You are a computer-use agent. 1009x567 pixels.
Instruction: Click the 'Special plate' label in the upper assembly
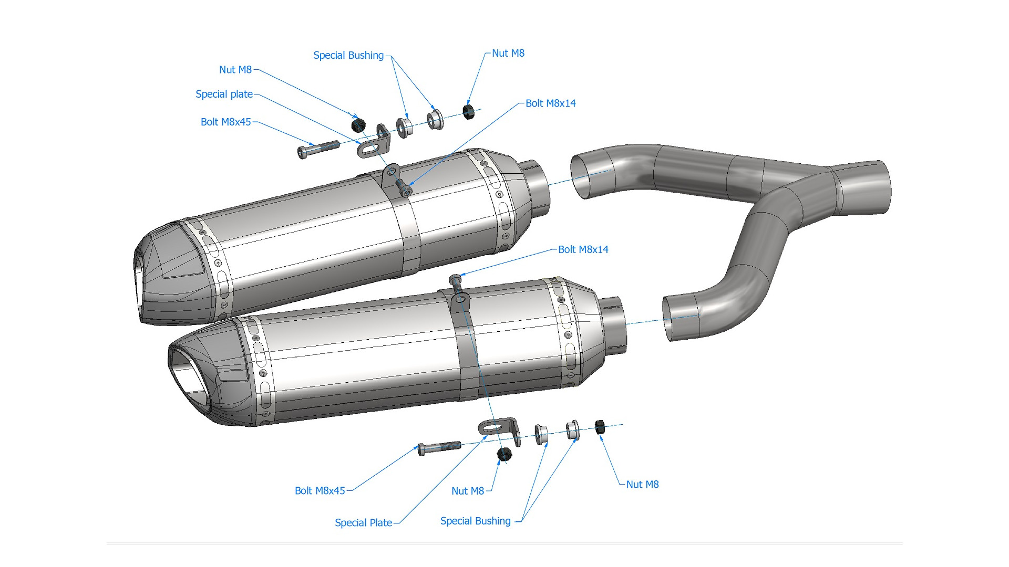click(x=224, y=94)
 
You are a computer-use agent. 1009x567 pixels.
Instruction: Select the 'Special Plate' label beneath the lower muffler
click(x=363, y=523)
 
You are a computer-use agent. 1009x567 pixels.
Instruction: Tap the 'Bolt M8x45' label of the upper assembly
click(x=225, y=122)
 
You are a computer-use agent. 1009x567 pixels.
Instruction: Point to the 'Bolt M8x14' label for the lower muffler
click(x=583, y=250)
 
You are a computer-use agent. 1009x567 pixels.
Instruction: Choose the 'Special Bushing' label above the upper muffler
click(x=348, y=56)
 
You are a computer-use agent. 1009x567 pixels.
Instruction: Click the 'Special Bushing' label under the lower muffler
click(x=475, y=521)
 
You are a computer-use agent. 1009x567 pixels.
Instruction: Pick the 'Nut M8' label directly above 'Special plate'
click(x=235, y=70)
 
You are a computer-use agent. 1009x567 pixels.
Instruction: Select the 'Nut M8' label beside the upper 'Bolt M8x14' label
click(x=508, y=54)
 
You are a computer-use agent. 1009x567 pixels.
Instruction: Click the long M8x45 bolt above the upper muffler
click(x=318, y=149)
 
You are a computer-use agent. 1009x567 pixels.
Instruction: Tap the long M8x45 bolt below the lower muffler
click(x=439, y=448)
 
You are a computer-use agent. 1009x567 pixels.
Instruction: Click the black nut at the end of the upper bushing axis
click(x=468, y=111)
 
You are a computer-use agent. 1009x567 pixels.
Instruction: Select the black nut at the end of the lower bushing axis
click(x=600, y=427)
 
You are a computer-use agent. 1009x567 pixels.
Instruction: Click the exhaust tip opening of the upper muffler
click(x=139, y=283)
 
